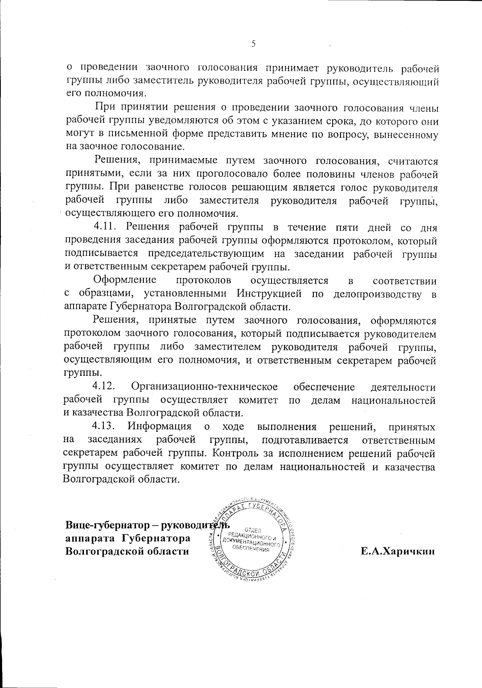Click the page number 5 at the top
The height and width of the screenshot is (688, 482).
[253, 44]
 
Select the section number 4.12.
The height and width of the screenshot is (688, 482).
[104, 387]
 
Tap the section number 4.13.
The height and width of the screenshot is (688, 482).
[104, 426]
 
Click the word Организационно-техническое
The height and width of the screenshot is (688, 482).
[204, 387]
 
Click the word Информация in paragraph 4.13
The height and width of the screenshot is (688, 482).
[159, 426]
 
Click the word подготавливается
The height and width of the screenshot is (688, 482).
[305, 440]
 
